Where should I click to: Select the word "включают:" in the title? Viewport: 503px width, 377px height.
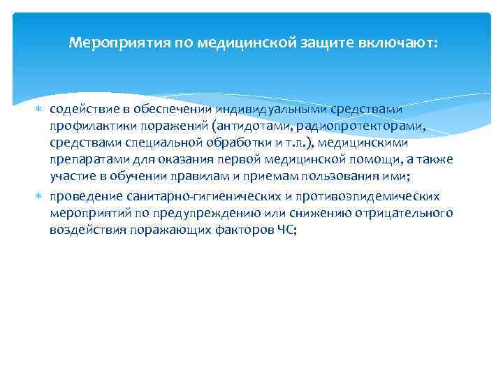[x=398, y=43]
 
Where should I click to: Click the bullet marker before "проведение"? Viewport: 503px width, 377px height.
[x=39, y=196]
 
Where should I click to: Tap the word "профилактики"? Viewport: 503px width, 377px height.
[x=85, y=126]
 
